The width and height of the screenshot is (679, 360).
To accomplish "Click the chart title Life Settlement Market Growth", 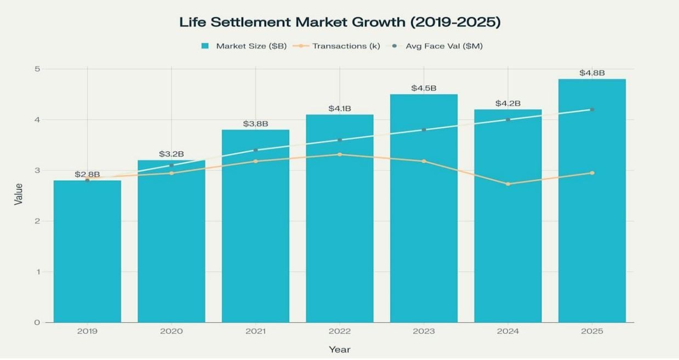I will click(x=340, y=22).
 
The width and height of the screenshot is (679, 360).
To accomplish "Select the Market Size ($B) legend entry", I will click(x=244, y=46).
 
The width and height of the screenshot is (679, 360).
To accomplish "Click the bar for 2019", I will click(x=87, y=252).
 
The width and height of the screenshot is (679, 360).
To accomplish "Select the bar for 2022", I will click(x=340, y=230).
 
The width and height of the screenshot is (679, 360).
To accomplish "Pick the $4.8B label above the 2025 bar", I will click(x=592, y=73).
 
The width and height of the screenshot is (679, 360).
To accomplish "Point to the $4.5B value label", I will click(x=424, y=88).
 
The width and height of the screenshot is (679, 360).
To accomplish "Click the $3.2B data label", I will click(x=172, y=154).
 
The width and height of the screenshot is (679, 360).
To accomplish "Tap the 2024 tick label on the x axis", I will click(x=508, y=332).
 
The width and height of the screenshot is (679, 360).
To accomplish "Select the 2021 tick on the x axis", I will click(x=255, y=332).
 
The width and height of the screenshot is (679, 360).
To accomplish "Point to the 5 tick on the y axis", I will click(x=37, y=69).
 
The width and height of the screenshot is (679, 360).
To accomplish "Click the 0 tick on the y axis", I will click(x=37, y=323).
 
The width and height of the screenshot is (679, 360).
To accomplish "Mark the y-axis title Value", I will click(x=19, y=195).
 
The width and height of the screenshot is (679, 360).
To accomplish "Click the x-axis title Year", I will click(x=340, y=350).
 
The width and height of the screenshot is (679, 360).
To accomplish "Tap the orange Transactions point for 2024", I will click(x=508, y=184).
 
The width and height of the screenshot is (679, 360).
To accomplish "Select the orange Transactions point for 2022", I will click(x=340, y=155).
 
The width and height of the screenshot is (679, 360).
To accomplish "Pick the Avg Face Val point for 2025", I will click(x=592, y=110).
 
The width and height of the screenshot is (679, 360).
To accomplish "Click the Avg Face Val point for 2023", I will click(x=424, y=130).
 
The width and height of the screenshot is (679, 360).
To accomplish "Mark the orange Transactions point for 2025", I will click(x=592, y=173).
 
